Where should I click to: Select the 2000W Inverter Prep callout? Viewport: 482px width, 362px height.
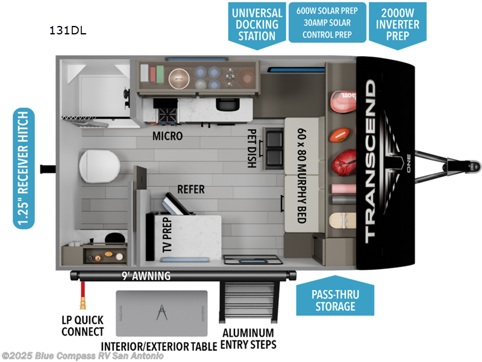397,22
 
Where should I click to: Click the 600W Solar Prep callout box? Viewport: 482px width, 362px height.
327,23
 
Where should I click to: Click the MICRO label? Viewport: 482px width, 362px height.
167,136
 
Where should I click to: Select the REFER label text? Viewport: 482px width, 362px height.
190,189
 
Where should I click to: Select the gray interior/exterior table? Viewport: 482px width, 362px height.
161,313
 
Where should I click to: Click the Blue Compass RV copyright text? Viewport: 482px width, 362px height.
83,356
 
